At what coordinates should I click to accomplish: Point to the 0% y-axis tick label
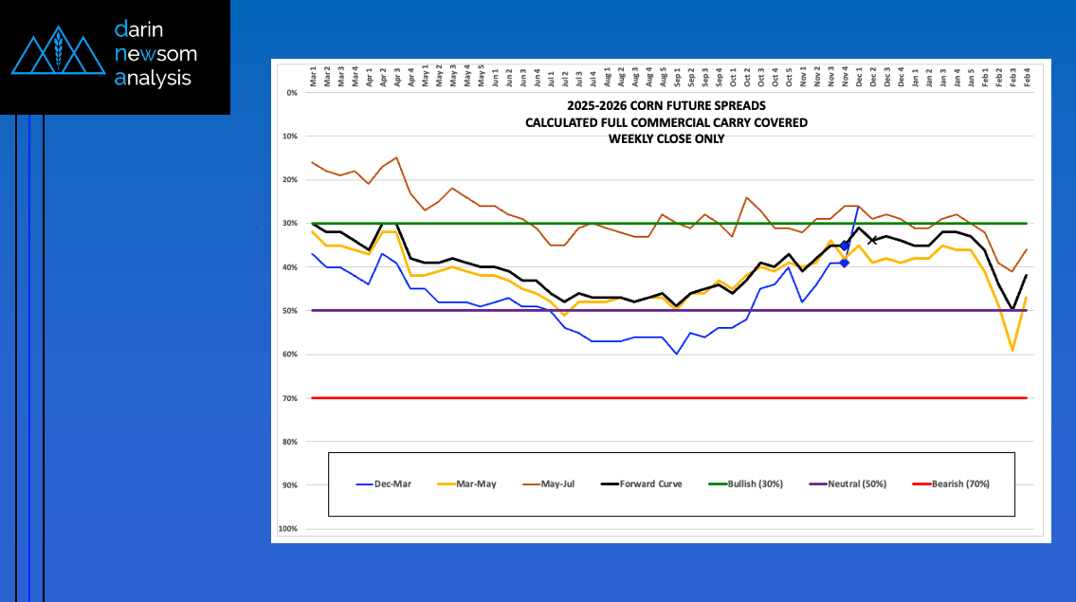coord(292,93)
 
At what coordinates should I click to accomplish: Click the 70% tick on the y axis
coord(290,398)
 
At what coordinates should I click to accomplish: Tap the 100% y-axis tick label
coord(288,529)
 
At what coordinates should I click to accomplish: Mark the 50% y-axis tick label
coord(290,311)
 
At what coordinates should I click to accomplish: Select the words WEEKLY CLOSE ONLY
coord(666,138)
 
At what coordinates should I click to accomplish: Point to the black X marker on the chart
coord(873,240)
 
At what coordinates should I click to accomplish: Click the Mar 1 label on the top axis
coord(313,75)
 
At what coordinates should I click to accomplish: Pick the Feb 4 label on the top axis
coord(1027,75)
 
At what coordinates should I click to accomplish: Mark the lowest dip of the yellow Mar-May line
coord(1012,350)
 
